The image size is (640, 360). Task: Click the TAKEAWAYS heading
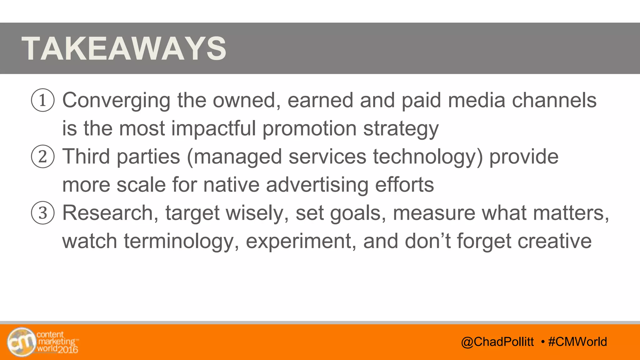click(x=124, y=48)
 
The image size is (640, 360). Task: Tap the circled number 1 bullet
click(x=43, y=100)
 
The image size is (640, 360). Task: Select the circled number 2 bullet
click(x=43, y=157)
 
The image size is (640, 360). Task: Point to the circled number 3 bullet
click(x=43, y=213)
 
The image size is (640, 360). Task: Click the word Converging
click(x=116, y=101)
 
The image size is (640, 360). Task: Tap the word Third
click(x=86, y=156)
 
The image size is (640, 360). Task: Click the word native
click(x=231, y=185)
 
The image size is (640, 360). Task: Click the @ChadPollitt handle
click(x=497, y=342)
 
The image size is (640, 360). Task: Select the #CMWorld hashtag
click(x=577, y=342)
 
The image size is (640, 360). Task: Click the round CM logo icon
click(x=21, y=342)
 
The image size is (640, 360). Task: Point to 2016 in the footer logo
click(x=68, y=350)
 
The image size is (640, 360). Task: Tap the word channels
click(x=554, y=101)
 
